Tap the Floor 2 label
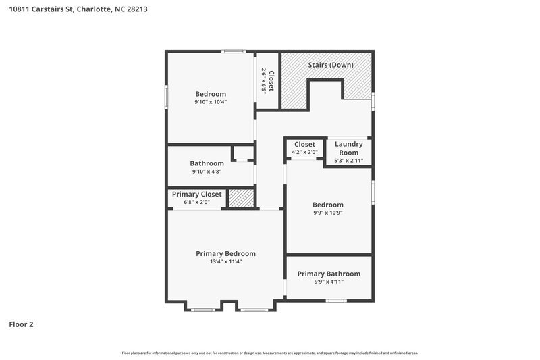pyautogui.click(x=21, y=324)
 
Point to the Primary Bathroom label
pyautogui.click(x=329, y=274)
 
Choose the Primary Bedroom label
pyautogui.click(x=225, y=253)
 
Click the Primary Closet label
pyautogui.click(x=196, y=194)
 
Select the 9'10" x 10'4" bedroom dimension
pyautogui.click(x=211, y=102)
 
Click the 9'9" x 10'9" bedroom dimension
pyautogui.click(x=327, y=213)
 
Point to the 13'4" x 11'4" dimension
pyautogui.click(x=225, y=261)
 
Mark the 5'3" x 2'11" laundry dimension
pyautogui.click(x=349, y=161)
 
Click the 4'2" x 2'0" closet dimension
pyautogui.click(x=304, y=153)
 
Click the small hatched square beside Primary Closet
pyautogui.click(x=240, y=198)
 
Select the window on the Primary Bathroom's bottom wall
pyautogui.click(x=335, y=300)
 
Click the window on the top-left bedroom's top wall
pyautogui.click(x=234, y=51)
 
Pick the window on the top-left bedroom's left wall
pyautogui.click(x=167, y=97)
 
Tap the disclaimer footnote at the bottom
pyautogui.click(x=269, y=353)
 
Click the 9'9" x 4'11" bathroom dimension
pyautogui.click(x=329, y=282)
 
